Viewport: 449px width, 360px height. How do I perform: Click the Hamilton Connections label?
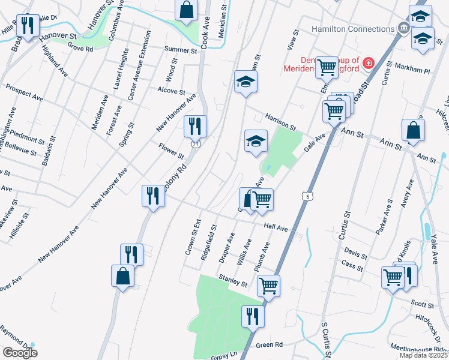(352, 29)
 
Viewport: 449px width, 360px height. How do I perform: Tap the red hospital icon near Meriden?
(367, 62)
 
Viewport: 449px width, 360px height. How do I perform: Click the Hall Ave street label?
(276, 229)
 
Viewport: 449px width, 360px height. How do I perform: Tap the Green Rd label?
(269, 344)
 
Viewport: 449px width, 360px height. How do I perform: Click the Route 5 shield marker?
(308, 196)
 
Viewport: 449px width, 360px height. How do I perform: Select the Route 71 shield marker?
(196, 145)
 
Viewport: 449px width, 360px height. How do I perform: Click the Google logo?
(20, 352)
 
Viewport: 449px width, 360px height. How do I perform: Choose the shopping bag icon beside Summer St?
(187, 10)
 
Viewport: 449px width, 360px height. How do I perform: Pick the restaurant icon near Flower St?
(195, 126)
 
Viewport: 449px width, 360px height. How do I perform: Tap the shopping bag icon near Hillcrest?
(414, 130)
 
